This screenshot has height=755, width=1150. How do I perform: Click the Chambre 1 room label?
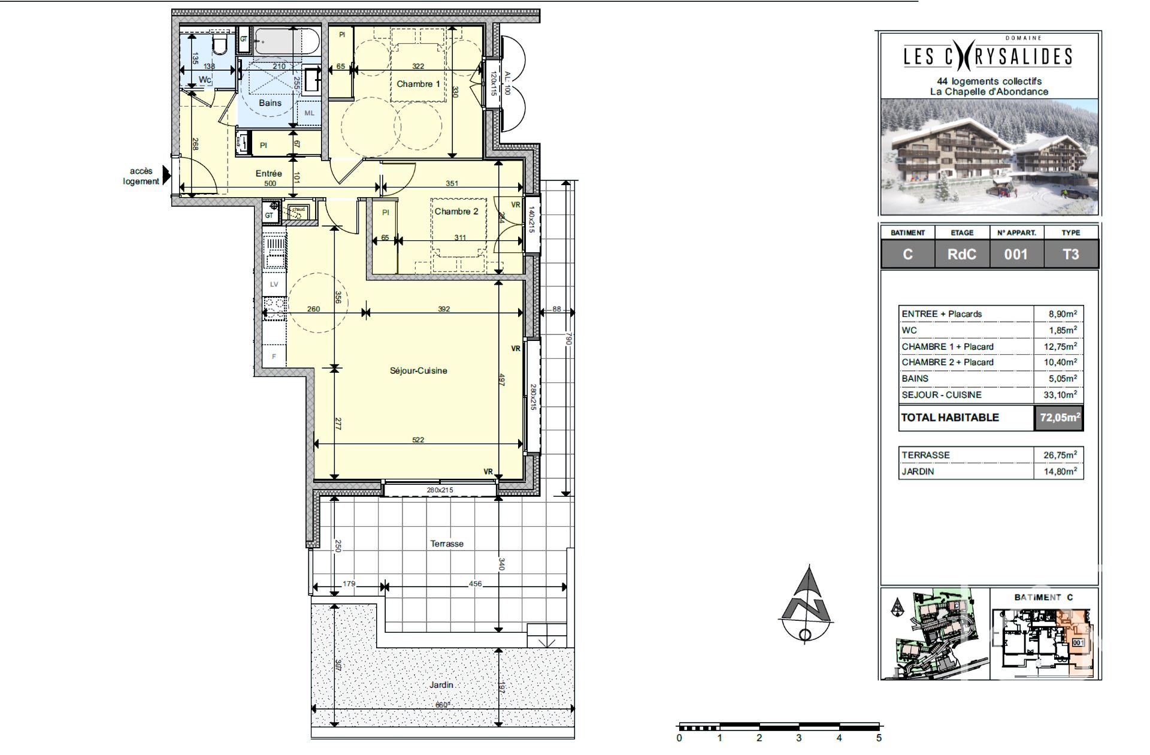(x=418, y=84)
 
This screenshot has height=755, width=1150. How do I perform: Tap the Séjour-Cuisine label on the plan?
(x=418, y=370)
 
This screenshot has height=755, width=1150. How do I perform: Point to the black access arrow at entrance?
(x=167, y=175)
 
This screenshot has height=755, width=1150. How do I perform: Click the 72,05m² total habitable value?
(x=1059, y=418)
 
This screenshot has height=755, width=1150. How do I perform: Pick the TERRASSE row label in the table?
(x=925, y=455)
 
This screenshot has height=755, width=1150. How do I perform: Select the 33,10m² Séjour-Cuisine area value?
(x=1060, y=395)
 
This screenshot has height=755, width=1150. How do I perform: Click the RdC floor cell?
(x=961, y=254)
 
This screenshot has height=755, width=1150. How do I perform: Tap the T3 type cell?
(x=1070, y=254)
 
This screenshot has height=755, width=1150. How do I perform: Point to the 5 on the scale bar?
(x=879, y=738)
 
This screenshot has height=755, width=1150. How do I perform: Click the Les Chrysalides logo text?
(x=988, y=56)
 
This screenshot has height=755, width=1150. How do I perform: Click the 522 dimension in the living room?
(x=418, y=440)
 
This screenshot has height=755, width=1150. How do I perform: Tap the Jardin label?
(x=441, y=684)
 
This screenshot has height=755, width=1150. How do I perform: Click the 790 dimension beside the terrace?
(x=569, y=339)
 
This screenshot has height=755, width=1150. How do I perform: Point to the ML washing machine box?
(x=309, y=113)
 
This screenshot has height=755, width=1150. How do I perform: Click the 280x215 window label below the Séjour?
(x=440, y=490)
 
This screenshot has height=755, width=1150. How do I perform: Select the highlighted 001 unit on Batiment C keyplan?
(x=1078, y=642)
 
